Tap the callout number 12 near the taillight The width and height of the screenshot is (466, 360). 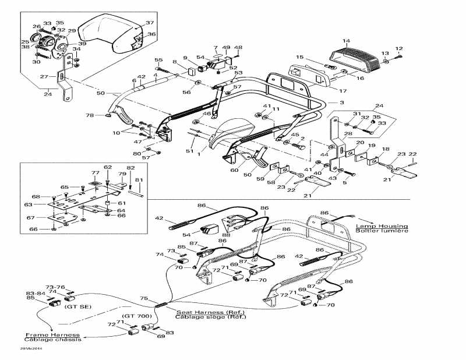pyautogui.click(x=399, y=48)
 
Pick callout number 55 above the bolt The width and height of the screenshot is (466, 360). pyautogui.click(x=158, y=60)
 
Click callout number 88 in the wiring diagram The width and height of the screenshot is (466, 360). pyautogui.click(x=225, y=235)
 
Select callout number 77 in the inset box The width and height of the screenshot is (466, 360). pyautogui.click(x=95, y=173)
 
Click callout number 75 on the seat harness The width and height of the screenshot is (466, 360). pyautogui.click(x=144, y=298)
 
